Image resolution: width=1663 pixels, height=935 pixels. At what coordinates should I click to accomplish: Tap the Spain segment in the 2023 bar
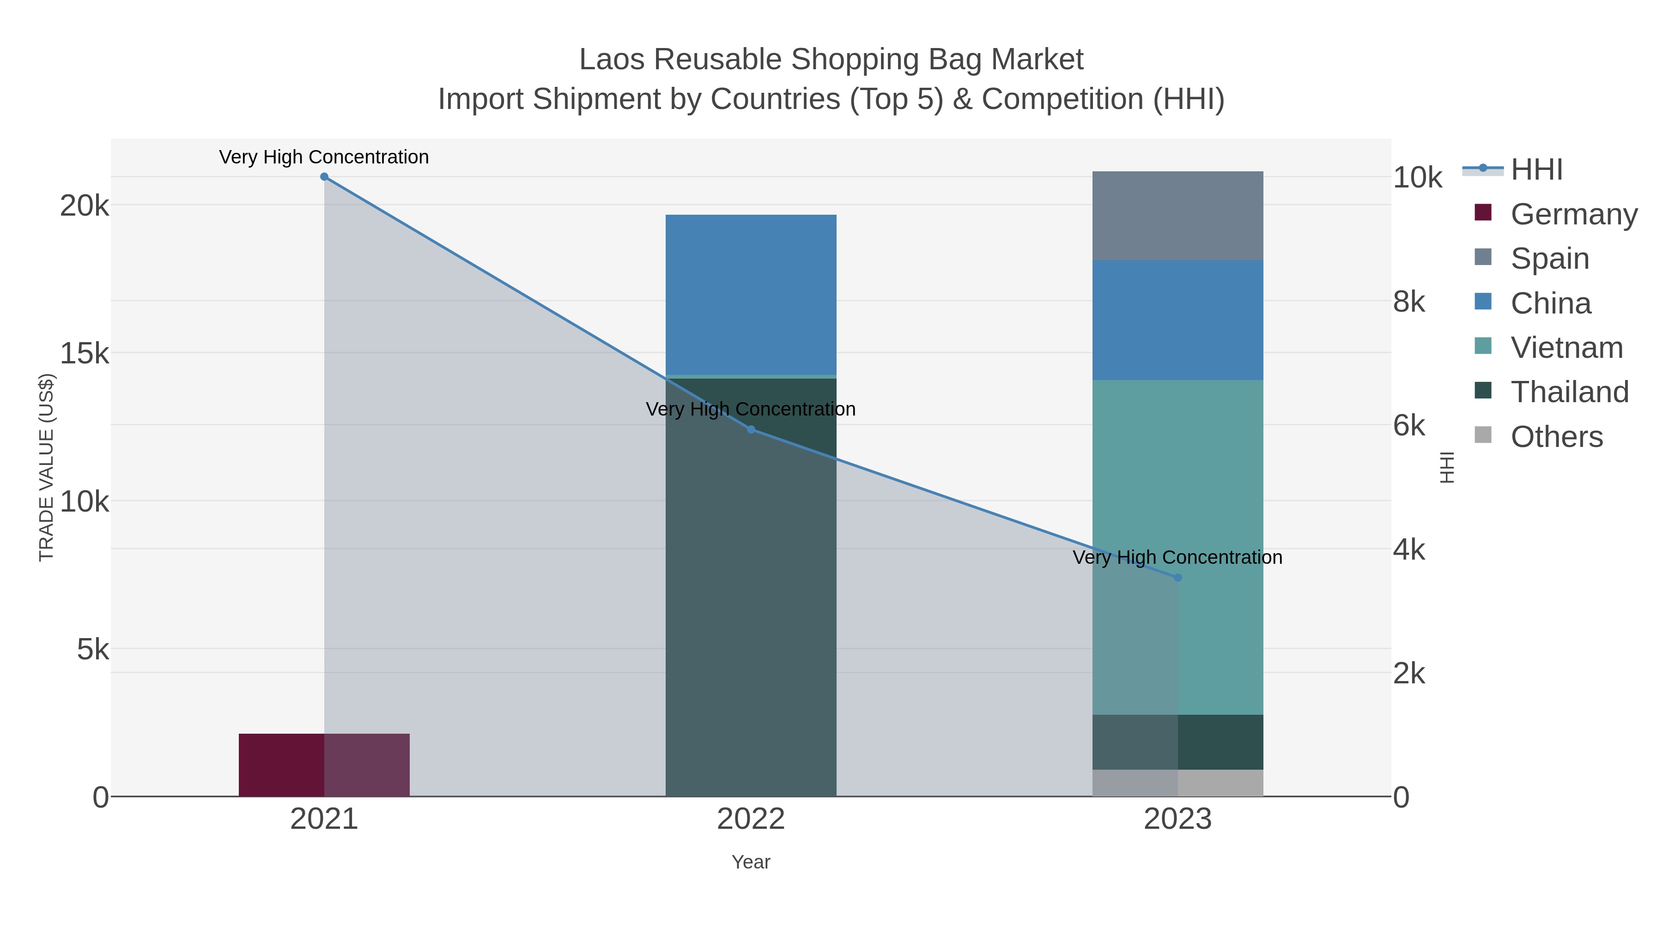tap(1177, 216)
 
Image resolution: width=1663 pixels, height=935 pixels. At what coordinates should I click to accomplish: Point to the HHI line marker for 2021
tap(324, 177)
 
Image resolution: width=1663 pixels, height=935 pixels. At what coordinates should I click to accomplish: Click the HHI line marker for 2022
tap(751, 429)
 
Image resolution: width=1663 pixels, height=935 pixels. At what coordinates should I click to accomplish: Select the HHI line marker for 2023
tap(1177, 578)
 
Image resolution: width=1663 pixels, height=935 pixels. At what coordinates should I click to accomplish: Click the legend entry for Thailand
tap(1569, 392)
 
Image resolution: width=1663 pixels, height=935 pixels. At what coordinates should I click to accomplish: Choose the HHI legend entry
tap(1536, 170)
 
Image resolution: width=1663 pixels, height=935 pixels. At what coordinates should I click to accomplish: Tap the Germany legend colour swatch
tap(1483, 212)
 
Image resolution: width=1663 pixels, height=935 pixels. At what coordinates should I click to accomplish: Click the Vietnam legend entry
tap(1566, 348)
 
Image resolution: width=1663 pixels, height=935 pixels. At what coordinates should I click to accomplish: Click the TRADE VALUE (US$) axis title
tap(47, 467)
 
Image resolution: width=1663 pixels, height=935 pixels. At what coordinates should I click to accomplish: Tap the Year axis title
tap(750, 862)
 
